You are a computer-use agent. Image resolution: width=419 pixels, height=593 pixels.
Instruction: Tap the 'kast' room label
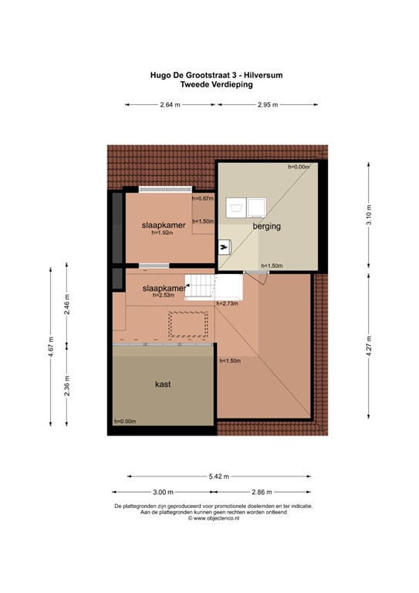[162, 384]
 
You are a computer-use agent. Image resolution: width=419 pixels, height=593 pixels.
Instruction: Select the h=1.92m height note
[165, 233]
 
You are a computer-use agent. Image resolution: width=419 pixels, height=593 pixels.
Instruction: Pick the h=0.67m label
[202, 198]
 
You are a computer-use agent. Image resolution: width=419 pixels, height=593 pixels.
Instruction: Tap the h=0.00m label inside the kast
[124, 421]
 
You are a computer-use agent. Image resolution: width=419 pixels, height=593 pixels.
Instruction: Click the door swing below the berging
[261, 277]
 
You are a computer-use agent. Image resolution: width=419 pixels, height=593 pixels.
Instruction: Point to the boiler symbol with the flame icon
[225, 246]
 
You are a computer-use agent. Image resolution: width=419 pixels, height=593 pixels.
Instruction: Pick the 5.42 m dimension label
[221, 476]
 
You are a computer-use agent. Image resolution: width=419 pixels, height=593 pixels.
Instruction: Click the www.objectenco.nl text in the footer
[211, 519]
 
